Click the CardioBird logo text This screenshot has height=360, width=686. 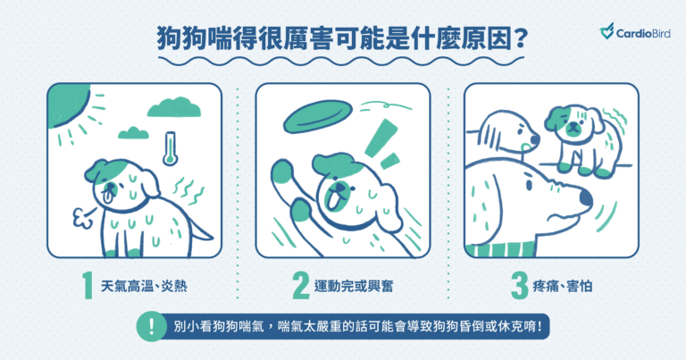click(x=643, y=33)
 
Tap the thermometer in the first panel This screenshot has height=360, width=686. click(x=171, y=148)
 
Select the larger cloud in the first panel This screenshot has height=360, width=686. click(x=173, y=107)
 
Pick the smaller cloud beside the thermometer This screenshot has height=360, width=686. click(x=133, y=132)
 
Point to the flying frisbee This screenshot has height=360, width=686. click(x=318, y=116)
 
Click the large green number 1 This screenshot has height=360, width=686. click(x=88, y=286)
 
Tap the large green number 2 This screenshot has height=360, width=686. click(x=301, y=286)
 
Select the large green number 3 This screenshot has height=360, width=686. click(x=520, y=286)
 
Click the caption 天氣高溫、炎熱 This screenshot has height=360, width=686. click(x=144, y=287)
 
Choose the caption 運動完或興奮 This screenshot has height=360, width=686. click(x=354, y=287)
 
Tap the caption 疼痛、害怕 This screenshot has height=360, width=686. click(x=563, y=287)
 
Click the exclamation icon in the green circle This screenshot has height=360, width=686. click(x=151, y=326)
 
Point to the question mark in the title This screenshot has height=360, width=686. click(x=520, y=39)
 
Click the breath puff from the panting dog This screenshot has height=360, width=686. click(x=84, y=217)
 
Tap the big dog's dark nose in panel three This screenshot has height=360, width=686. click(x=586, y=198)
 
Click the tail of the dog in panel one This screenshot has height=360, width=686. click(x=201, y=230)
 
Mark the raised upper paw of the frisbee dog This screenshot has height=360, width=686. click(x=282, y=172)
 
